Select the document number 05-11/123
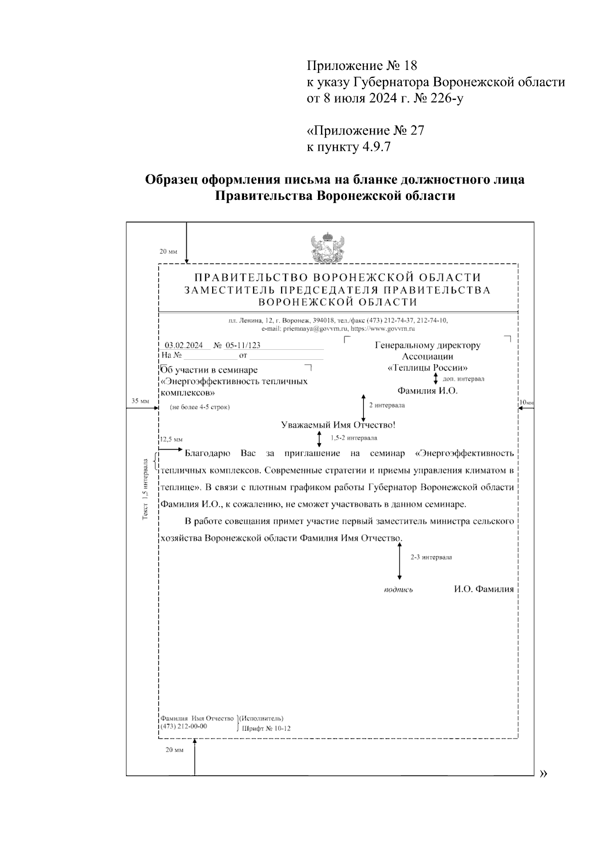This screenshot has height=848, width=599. click(243, 345)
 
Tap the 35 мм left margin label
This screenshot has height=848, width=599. click(140, 401)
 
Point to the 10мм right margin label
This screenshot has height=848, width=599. click(526, 403)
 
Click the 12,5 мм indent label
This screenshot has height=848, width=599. click(171, 440)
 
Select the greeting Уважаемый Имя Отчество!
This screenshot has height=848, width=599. click(338, 425)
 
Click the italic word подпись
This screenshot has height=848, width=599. click(398, 590)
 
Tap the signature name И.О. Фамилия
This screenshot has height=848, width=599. click(484, 589)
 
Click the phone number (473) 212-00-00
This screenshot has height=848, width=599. click(184, 727)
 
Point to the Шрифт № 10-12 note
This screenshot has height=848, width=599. click(266, 729)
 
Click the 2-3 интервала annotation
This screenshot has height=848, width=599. click(431, 557)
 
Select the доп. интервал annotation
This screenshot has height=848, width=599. click(463, 379)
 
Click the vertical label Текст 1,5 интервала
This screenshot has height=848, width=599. click(145, 490)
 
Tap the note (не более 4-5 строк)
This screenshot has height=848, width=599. click(200, 407)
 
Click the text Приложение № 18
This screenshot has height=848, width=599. click(361, 65)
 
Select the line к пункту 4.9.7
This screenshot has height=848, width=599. click(348, 147)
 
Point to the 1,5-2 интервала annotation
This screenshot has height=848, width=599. click(353, 438)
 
